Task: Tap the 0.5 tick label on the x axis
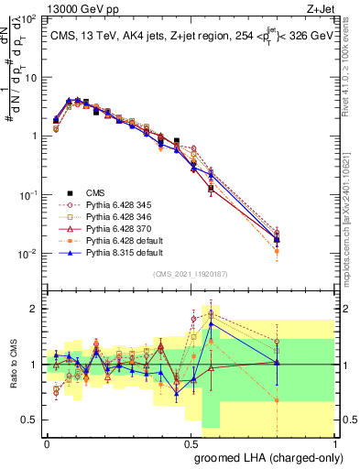point(190,442)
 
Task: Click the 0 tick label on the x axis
point(47,442)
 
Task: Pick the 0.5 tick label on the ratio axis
point(30,420)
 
